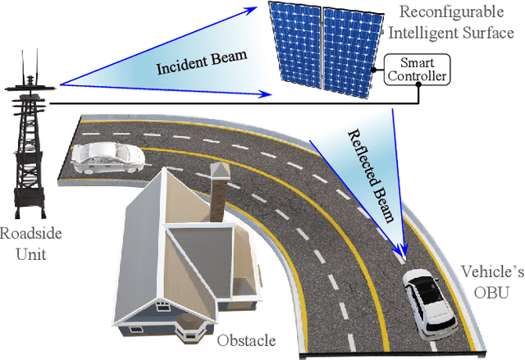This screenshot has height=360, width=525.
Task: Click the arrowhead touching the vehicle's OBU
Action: pos(402,257)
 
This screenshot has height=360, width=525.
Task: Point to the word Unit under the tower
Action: pos(30,254)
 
